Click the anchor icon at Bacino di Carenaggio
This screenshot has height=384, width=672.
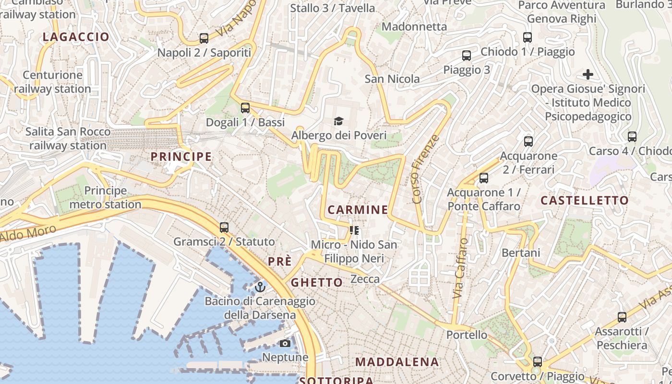tap(260, 287)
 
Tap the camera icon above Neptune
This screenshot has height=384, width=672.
tap(285, 343)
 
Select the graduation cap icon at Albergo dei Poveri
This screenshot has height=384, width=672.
tap(339, 121)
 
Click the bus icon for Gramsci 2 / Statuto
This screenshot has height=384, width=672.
tap(224, 228)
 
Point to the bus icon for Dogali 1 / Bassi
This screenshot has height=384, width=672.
tap(245, 108)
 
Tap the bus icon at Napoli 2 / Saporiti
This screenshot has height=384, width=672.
tap(204, 38)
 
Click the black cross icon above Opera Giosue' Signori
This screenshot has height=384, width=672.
tap(588, 74)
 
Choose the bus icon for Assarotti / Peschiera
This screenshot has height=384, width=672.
tap(622, 317)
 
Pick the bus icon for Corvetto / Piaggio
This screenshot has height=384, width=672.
tap(538, 362)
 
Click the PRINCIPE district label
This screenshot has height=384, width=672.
tap(181, 156)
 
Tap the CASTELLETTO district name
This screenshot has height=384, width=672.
tap(585, 200)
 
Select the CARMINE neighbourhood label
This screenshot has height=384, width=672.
tap(358, 210)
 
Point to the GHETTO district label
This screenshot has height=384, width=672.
tap(317, 282)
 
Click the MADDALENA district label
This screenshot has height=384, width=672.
tap(397, 362)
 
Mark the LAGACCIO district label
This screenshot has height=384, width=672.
tap(76, 37)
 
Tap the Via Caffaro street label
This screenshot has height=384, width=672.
tap(460, 268)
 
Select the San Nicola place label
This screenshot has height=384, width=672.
tap(392, 79)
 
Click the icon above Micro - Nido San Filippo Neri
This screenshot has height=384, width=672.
tap(354, 230)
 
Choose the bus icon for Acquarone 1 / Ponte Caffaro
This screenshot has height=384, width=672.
tap(484, 178)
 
